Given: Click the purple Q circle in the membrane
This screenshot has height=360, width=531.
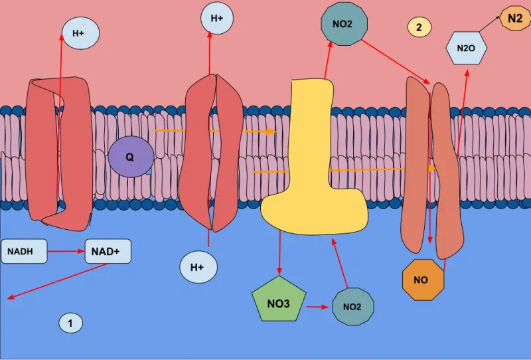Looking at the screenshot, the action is click(x=131, y=157).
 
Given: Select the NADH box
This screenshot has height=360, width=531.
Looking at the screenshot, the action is click(x=24, y=251).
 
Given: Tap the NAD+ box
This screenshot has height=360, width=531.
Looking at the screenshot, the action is click(x=108, y=251).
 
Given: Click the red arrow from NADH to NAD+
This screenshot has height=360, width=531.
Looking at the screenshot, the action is click(x=66, y=251).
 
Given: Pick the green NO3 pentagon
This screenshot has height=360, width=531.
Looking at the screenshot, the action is click(x=279, y=300).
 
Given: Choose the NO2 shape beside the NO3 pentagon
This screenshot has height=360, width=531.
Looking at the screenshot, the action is click(x=353, y=306).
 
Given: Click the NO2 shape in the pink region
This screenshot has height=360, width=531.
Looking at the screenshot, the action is click(x=344, y=24).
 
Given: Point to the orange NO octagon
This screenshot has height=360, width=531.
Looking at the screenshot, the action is click(x=423, y=280).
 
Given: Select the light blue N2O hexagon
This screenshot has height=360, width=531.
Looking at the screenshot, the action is click(x=467, y=48).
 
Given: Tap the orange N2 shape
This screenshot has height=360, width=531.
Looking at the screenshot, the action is click(x=515, y=18).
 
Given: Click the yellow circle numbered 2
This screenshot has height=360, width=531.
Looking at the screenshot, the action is click(x=419, y=27).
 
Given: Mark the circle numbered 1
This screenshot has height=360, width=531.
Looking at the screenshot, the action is click(x=71, y=323).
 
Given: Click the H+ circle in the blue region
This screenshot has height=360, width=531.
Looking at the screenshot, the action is click(x=198, y=267).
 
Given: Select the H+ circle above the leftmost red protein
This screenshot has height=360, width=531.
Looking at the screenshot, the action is click(x=81, y=33).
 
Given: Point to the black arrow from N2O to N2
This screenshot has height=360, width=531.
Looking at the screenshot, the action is click(x=489, y=24).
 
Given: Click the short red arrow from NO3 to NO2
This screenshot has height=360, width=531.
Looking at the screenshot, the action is click(x=318, y=307).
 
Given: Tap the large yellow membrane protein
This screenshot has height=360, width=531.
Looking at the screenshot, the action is click(x=313, y=159).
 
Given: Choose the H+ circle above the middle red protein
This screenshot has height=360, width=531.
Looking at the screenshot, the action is click(x=217, y=18).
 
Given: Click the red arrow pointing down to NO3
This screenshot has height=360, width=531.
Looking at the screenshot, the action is click(x=279, y=252).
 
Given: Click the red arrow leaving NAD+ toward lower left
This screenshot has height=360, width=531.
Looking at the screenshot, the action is click(x=58, y=282).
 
